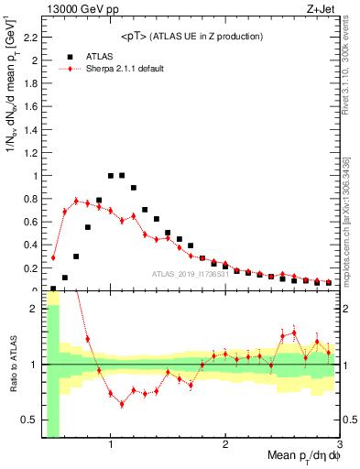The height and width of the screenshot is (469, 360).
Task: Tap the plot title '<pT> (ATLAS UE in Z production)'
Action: click(191, 36)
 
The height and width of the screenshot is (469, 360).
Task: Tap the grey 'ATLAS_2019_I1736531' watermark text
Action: click(189, 275)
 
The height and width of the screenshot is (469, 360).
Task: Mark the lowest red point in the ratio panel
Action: click(122, 404)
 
